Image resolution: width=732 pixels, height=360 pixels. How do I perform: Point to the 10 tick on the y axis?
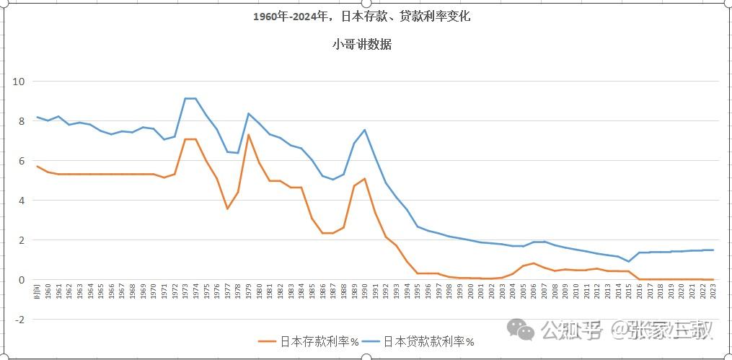point(19,82)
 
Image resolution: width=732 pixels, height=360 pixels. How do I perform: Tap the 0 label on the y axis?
point(21,280)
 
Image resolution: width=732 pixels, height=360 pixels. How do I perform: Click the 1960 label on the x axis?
point(48,291)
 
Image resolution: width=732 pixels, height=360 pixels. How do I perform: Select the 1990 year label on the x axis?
point(365,291)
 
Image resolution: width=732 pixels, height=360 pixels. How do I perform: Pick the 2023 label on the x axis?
point(713,291)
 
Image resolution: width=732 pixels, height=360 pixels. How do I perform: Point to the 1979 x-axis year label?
point(249,291)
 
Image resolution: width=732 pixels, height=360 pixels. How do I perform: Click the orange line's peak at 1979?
point(249,135)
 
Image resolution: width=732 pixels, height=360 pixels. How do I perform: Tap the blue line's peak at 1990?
point(365,130)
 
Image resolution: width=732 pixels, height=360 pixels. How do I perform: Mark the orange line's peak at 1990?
point(365,179)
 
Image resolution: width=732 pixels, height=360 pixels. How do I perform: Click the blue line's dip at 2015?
point(629,261)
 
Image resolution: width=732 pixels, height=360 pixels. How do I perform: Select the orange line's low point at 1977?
point(228,208)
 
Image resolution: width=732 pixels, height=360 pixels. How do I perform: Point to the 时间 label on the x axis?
point(37,291)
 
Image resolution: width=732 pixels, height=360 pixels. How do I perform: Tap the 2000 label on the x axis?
point(470,291)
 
